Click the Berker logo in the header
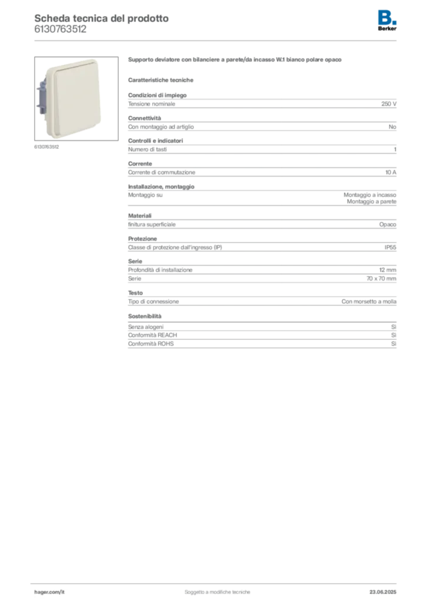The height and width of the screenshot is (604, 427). (387, 21)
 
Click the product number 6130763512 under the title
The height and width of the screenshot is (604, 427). (60, 29)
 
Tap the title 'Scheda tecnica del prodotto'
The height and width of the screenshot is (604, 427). (101, 18)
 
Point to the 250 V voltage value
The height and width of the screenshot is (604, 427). (389, 104)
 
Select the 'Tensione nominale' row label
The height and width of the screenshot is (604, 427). (152, 104)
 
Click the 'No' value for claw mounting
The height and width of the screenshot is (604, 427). (392, 127)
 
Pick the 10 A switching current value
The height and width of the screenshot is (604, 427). (391, 173)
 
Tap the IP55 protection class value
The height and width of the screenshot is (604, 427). (390, 247)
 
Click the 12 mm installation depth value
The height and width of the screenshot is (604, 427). (387, 270)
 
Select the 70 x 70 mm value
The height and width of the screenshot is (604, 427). (381, 278)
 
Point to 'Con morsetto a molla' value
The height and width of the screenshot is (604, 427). (369, 301)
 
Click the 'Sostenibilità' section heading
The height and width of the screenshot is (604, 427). (144, 316)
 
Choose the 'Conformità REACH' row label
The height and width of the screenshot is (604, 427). (153, 335)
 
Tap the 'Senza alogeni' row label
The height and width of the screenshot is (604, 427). (146, 327)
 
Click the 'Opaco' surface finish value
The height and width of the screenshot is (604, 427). (387, 225)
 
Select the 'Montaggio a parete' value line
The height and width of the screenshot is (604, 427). (372, 202)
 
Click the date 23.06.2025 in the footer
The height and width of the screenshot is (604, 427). (383, 592)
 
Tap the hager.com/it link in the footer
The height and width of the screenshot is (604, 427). (50, 592)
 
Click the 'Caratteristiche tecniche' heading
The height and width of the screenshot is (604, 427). (160, 80)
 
